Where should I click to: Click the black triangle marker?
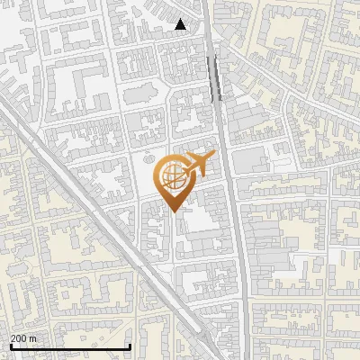[x=181, y=24]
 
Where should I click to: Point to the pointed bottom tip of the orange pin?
[x=174, y=211]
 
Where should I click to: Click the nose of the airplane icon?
[x=211, y=157]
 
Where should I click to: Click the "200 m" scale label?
[x=22, y=338]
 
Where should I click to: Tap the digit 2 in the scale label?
[x=13, y=338]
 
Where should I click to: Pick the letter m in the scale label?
[x=34, y=338]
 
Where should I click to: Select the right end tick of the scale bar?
[x=130, y=346]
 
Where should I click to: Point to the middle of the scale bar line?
[x=69, y=347]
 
